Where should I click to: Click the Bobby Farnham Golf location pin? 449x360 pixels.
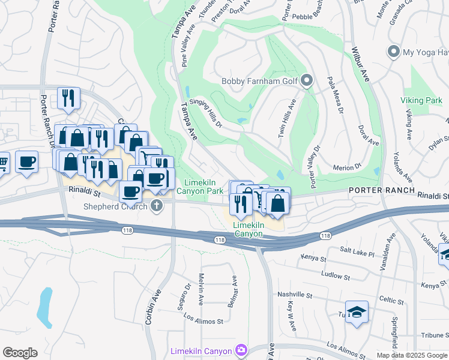tap(307, 81)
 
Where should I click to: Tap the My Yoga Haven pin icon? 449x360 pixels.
tap(394, 52)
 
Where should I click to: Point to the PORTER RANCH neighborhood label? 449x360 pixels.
tap(382, 190)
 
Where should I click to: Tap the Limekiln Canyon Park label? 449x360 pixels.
tap(203, 187)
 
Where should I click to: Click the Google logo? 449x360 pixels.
tap(20, 352)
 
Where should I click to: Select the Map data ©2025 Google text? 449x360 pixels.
tap(411, 355)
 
